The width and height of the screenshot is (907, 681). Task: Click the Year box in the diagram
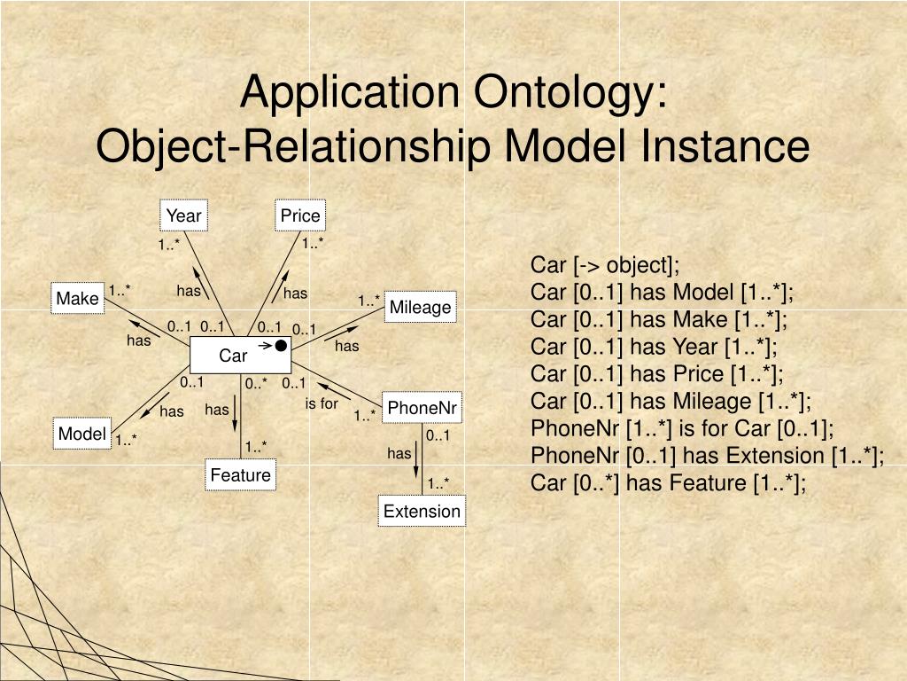tap(184, 215)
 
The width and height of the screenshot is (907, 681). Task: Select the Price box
tap(300, 215)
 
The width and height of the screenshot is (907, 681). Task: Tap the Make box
tap(77, 299)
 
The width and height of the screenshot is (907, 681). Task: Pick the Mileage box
tap(421, 308)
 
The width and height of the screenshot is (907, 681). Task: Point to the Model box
tap(82, 434)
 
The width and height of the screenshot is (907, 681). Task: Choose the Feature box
tap(240, 475)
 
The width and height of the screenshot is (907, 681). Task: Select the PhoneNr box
tap(422, 408)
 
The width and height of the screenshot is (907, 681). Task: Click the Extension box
tap(422, 511)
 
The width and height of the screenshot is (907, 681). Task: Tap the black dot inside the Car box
tap(281, 345)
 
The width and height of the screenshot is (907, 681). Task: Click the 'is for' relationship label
tap(322, 403)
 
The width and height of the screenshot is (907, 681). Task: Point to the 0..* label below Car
tap(256, 383)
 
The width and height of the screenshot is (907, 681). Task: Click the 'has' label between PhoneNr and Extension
tap(399, 453)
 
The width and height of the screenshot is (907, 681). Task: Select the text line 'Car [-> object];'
tap(605, 265)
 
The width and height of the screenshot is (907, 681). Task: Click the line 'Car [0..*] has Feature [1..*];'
tap(669, 483)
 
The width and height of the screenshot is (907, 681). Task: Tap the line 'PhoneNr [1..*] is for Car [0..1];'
tap(683, 428)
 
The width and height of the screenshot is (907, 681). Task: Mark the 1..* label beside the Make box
tap(120, 289)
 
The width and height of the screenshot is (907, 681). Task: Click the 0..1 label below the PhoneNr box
tap(438, 435)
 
